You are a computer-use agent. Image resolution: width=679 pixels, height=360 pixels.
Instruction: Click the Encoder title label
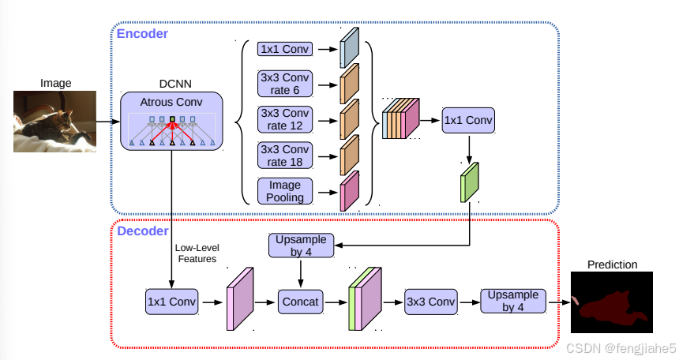tap(142, 34)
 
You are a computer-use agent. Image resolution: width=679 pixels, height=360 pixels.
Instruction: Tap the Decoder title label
tap(143, 231)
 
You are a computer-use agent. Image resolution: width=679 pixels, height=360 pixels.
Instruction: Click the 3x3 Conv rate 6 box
tap(285, 84)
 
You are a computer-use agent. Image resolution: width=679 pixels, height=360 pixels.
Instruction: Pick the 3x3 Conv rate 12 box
tap(285, 119)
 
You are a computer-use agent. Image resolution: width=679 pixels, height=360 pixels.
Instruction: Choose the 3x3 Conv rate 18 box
tap(285, 156)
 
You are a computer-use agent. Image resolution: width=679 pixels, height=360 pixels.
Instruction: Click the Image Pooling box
tap(285, 191)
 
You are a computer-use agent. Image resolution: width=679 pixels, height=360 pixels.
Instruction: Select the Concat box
tap(300, 301)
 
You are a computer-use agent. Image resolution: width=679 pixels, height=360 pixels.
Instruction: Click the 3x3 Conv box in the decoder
tap(431, 301)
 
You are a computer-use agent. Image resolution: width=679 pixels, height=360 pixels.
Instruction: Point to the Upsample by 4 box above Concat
tap(300, 246)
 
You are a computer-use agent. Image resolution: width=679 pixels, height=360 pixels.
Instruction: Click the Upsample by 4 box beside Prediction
tap(513, 301)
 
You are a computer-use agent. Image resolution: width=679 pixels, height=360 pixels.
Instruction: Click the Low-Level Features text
tap(197, 253)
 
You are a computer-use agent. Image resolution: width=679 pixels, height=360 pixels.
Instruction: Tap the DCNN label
tap(172, 84)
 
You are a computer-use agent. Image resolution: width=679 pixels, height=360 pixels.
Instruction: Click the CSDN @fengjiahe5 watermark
tap(621, 348)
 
